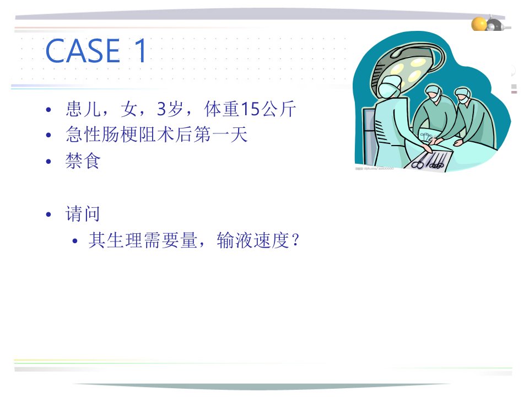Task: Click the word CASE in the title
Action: [83, 51]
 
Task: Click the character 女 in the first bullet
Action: [129, 109]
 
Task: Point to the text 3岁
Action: [170, 109]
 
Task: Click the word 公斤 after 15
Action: [278, 109]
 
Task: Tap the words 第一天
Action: [220, 135]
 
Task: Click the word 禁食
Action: [83, 160]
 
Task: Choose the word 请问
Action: [83, 214]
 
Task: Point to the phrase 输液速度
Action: [253, 240]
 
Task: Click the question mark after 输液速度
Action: [295, 240]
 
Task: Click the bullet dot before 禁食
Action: [48, 162]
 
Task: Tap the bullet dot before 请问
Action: [48, 214]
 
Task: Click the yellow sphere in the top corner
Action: [479, 24]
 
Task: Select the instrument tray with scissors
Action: [428, 160]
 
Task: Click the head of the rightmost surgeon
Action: [463, 95]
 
